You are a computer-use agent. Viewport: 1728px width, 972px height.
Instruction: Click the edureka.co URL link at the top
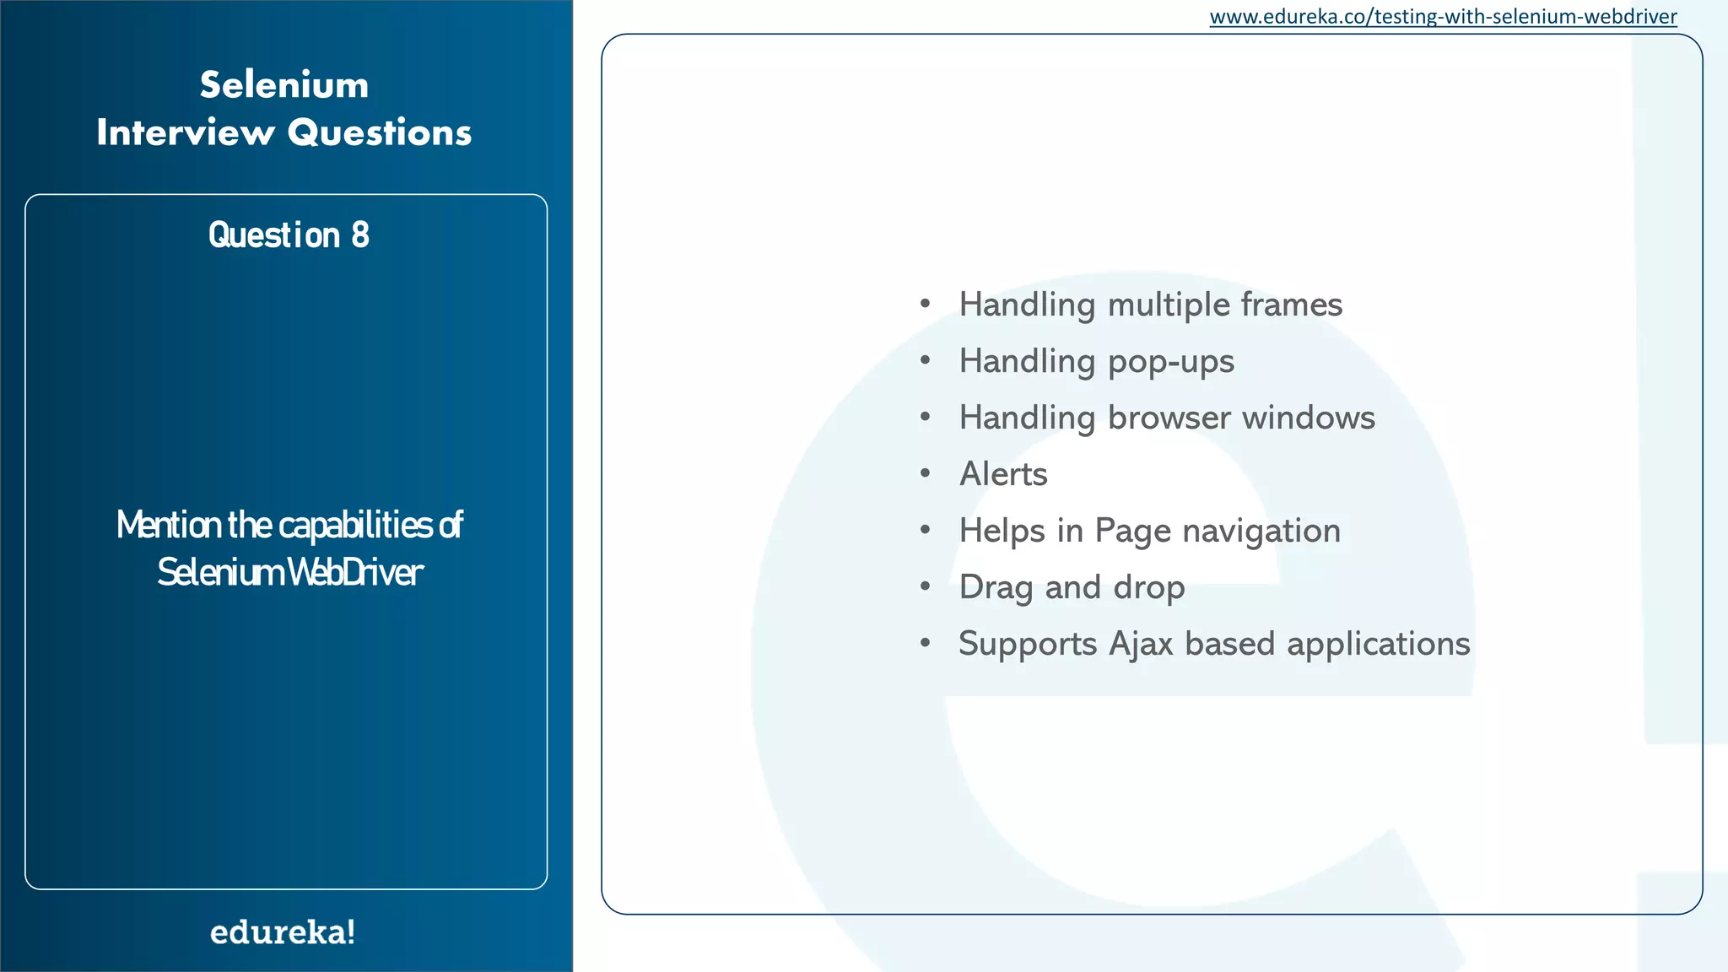click(x=1443, y=17)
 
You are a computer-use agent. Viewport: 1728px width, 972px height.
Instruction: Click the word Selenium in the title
click(x=284, y=85)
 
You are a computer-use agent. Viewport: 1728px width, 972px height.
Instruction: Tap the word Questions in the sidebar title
click(x=379, y=132)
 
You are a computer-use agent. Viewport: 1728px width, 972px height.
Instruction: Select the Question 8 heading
click(x=289, y=235)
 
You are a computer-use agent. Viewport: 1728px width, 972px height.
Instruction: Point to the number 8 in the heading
click(x=360, y=235)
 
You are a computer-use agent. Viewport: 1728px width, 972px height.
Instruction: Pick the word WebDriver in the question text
click(x=355, y=573)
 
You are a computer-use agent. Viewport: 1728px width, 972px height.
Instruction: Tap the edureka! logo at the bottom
click(x=283, y=932)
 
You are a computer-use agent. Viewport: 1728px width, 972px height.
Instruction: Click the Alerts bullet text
click(x=1003, y=474)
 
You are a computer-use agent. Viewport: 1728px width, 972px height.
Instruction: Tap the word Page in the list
click(x=1132, y=532)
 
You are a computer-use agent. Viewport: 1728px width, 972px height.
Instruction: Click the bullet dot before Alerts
click(x=926, y=473)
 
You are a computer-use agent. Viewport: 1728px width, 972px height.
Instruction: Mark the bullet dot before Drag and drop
click(x=926, y=586)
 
